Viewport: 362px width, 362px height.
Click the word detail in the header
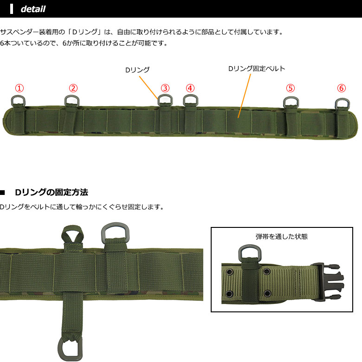coord(33,9)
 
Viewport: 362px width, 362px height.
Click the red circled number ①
coord(19,88)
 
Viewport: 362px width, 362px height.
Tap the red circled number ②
coord(73,88)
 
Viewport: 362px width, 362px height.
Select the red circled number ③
coord(165,88)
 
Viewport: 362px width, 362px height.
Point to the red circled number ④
coord(190,88)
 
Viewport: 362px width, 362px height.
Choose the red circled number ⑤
coord(290,88)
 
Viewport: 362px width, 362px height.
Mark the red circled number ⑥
coord(342,88)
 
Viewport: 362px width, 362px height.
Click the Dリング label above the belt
coord(137,70)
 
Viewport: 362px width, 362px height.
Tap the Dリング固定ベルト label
coord(256,68)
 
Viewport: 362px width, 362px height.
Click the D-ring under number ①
coord(17,101)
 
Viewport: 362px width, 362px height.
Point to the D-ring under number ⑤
coord(291,102)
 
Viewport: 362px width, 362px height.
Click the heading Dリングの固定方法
coord(52,192)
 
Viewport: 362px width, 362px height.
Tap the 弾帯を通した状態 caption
coord(282,236)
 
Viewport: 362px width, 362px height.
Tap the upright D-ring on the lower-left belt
coord(114,232)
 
